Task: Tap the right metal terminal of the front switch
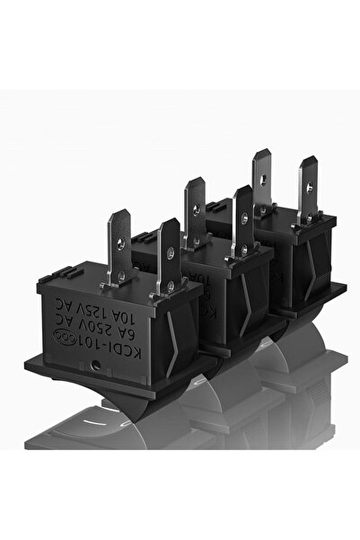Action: tap(168, 257)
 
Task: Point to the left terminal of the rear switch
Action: tap(261, 180)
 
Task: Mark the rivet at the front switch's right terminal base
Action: tap(170, 286)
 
